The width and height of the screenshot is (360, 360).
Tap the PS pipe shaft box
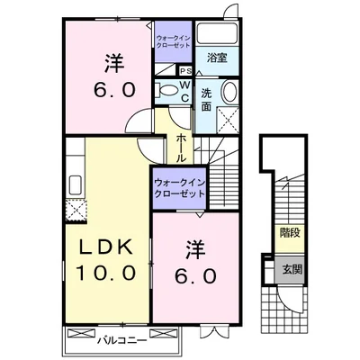coord(185,72)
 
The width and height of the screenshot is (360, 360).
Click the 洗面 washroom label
coord(206,98)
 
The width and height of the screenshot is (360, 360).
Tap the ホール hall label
coord(182,145)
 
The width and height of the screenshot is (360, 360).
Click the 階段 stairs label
coord(291,232)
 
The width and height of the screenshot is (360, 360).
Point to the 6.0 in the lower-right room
coord(197,276)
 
